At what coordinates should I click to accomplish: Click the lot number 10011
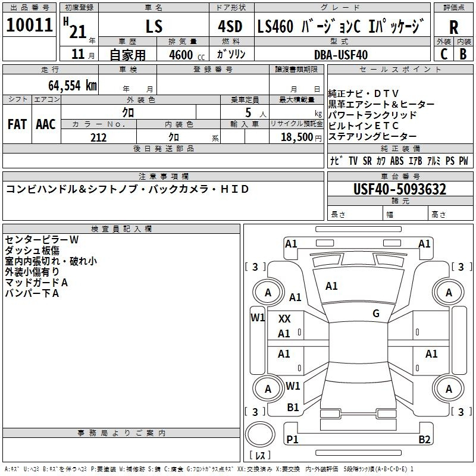pyautogui.click(x=29, y=25)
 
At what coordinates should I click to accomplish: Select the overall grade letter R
pyautogui.click(x=453, y=27)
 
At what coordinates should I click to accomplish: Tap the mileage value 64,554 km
pyautogui.click(x=73, y=86)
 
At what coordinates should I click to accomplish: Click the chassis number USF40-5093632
pyautogui.click(x=400, y=189)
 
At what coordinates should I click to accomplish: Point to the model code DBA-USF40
pyautogui.click(x=341, y=55)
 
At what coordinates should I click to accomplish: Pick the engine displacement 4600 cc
pyautogui.click(x=187, y=55)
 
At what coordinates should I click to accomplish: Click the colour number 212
pyautogui.click(x=98, y=137)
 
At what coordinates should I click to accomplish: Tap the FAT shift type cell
pyautogui.click(x=17, y=124)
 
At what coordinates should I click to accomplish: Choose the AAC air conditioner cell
pyautogui.click(x=46, y=124)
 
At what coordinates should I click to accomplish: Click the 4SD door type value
pyautogui.click(x=230, y=26)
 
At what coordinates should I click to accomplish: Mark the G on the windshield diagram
pyautogui.click(x=376, y=314)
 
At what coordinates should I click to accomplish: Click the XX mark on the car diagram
pyautogui.click(x=284, y=319)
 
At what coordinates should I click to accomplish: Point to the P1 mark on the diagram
pyautogui.click(x=292, y=439)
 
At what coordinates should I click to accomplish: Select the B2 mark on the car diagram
pyautogui.click(x=424, y=439)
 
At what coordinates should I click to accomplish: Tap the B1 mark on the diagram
pyautogui.click(x=293, y=408)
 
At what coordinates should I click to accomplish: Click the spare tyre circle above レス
pyautogui.click(x=260, y=434)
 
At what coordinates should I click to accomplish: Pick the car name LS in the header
pyautogui.click(x=154, y=26)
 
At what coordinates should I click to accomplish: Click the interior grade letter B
pyautogui.click(x=463, y=54)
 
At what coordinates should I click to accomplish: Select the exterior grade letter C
pyautogui.click(x=444, y=54)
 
